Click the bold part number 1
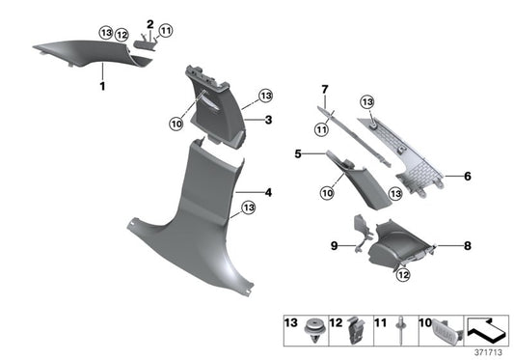[101, 86]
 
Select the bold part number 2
[150, 22]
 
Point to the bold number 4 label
[269, 193]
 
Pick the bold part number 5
[299, 153]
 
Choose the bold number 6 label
[467, 176]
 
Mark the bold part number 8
[467, 246]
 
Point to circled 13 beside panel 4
[248, 208]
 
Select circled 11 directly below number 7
[320, 129]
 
